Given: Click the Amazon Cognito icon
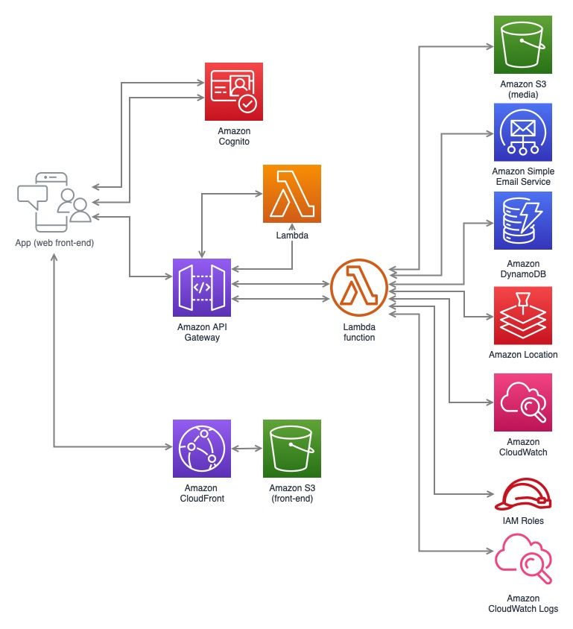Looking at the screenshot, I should (x=233, y=92).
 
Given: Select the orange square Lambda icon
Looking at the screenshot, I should (x=292, y=194).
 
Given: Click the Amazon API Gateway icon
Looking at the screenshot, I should (x=202, y=288).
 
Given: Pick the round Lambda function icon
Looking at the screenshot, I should (x=359, y=288).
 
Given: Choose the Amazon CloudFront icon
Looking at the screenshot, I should (x=202, y=448).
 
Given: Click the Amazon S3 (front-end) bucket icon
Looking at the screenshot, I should (x=292, y=448).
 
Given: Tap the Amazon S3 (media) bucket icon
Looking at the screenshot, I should (x=523, y=43).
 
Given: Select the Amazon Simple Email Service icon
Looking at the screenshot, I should (x=523, y=132).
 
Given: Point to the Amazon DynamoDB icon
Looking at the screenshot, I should (x=523, y=221).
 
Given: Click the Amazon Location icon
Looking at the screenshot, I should (x=523, y=315).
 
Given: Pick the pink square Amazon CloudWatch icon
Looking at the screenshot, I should (x=523, y=403).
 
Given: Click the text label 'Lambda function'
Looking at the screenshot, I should (x=359, y=332).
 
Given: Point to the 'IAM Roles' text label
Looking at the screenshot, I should (x=523, y=520).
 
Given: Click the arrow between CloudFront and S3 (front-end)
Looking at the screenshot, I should (x=247, y=449).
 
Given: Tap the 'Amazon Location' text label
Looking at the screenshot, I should (x=523, y=355).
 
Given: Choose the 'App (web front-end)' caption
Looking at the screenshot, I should (x=54, y=243).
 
